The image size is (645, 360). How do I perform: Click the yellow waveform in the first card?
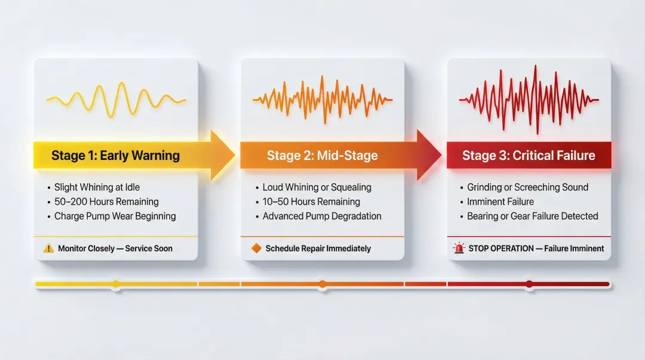[x=116, y=100]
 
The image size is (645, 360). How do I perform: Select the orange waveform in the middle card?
[x=322, y=99]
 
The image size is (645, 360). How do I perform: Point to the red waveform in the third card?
[x=529, y=99]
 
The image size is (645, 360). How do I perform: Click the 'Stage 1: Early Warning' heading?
[x=115, y=156]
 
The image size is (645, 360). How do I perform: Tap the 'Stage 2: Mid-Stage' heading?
[x=322, y=156]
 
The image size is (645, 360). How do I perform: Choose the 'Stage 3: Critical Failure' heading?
[x=529, y=156]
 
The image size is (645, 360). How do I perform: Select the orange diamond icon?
[x=256, y=248]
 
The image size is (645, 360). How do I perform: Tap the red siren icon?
[x=459, y=248]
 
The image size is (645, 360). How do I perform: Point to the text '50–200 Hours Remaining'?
[x=106, y=202]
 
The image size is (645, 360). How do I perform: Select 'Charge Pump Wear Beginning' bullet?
[x=115, y=216]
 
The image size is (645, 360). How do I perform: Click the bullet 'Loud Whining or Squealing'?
[x=317, y=187]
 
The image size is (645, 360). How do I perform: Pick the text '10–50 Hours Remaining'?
[x=311, y=202]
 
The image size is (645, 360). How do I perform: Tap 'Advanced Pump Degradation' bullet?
[x=322, y=216]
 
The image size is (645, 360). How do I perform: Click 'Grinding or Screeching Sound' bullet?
[x=527, y=187]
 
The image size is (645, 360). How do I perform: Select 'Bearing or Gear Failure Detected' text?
[x=532, y=216]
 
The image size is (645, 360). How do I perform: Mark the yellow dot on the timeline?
[x=116, y=284]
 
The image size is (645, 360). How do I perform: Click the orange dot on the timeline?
[x=322, y=284]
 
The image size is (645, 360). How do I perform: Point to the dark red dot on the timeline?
[x=529, y=284]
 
